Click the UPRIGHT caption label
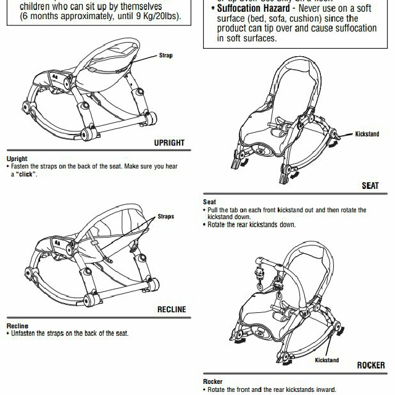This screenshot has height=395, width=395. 169,143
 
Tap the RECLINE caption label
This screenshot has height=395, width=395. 171,309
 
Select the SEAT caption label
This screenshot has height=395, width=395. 370,185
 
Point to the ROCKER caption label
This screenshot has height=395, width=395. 371,365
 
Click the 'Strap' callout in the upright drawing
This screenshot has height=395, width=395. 166,56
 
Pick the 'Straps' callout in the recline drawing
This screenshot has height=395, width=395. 166,217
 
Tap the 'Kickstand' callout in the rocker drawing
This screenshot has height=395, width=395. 327,360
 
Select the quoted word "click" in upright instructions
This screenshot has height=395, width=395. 27,174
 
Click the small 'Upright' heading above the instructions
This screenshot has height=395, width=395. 17,159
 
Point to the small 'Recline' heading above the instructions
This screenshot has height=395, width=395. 17,326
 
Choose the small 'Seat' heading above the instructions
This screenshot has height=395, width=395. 209,202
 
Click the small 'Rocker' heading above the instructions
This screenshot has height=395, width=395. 212,381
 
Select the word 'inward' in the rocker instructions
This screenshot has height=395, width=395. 325,389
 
